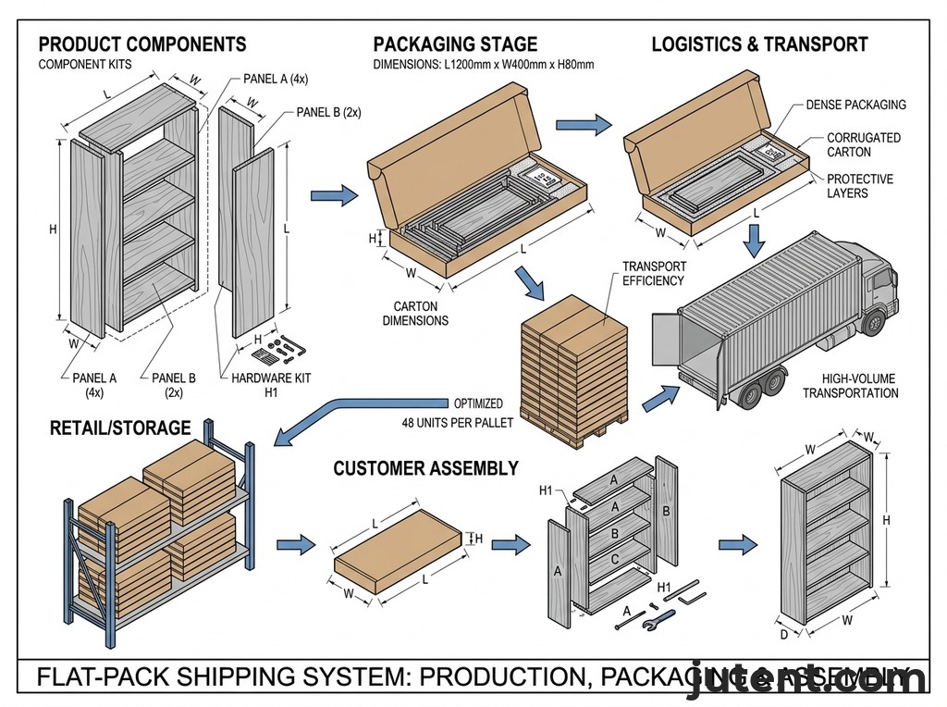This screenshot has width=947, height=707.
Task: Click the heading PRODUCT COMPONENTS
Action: point(142,44)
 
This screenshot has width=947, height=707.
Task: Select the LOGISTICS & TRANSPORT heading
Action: point(759,44)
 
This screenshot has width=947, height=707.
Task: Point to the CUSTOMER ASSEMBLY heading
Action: point(425,468)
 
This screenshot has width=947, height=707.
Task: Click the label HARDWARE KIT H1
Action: point(259,384)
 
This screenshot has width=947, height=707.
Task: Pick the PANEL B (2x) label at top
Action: point(328,112)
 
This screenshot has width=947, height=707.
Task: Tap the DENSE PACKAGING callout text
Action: point(855,105)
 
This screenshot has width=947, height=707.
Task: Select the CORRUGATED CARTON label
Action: point(863,144)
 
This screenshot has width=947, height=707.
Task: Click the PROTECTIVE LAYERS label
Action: point(859,186)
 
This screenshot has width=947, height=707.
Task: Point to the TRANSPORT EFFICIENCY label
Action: point(654,274)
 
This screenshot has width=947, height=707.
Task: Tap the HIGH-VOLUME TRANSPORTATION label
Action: point(850,386)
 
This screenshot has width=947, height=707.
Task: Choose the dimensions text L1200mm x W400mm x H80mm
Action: point(483,65)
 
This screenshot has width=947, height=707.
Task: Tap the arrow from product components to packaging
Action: point(334,195)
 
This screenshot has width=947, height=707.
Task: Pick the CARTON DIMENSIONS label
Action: point(421,313)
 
